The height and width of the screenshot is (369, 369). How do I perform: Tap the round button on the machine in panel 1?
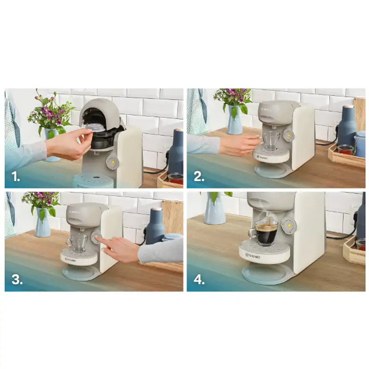[112, 161]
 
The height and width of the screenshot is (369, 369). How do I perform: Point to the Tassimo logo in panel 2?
[263, 157]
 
